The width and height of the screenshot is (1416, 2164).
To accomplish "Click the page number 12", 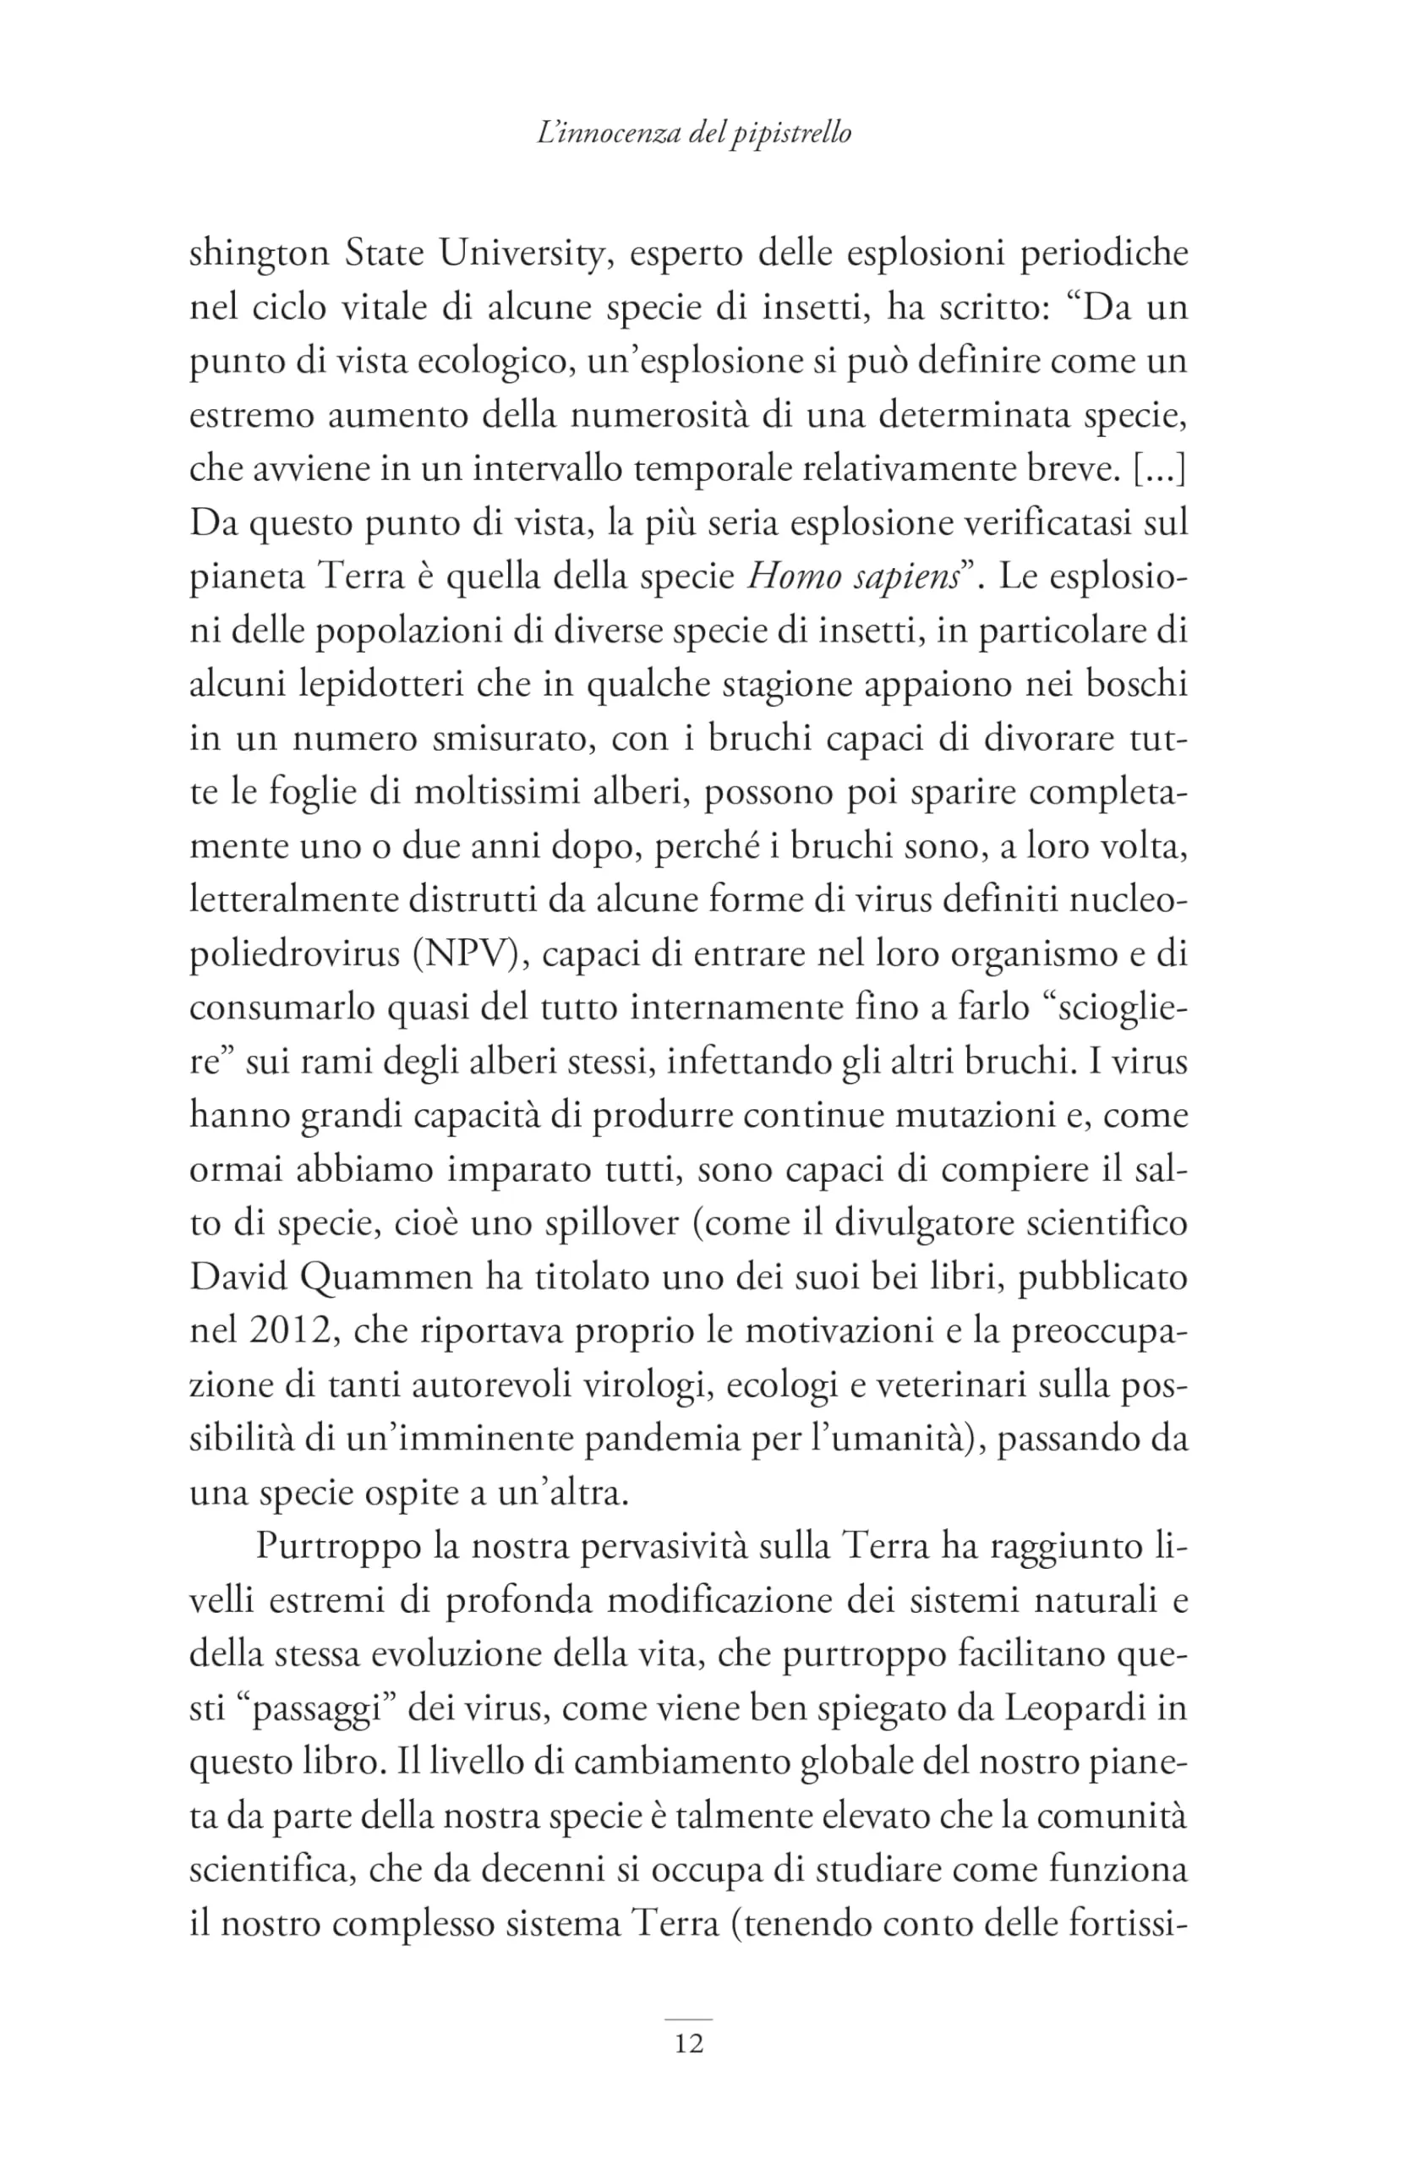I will tap(688, 2043).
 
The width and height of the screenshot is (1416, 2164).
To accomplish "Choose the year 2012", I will tap(286, 1331).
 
